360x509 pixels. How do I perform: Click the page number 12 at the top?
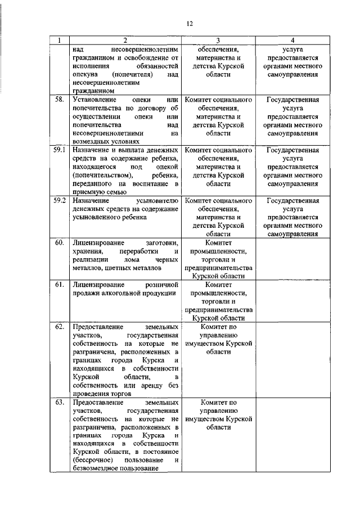(x=190, y=22)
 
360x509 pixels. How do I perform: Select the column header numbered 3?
(x=219, y=40)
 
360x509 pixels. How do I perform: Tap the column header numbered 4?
(x=292, y=40)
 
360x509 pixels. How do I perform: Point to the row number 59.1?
(x=60, y=150)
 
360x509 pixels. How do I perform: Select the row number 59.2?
(x=60, y=200)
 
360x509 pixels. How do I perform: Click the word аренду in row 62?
(x=147, y=386)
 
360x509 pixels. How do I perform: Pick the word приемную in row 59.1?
(x=88, y=192)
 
